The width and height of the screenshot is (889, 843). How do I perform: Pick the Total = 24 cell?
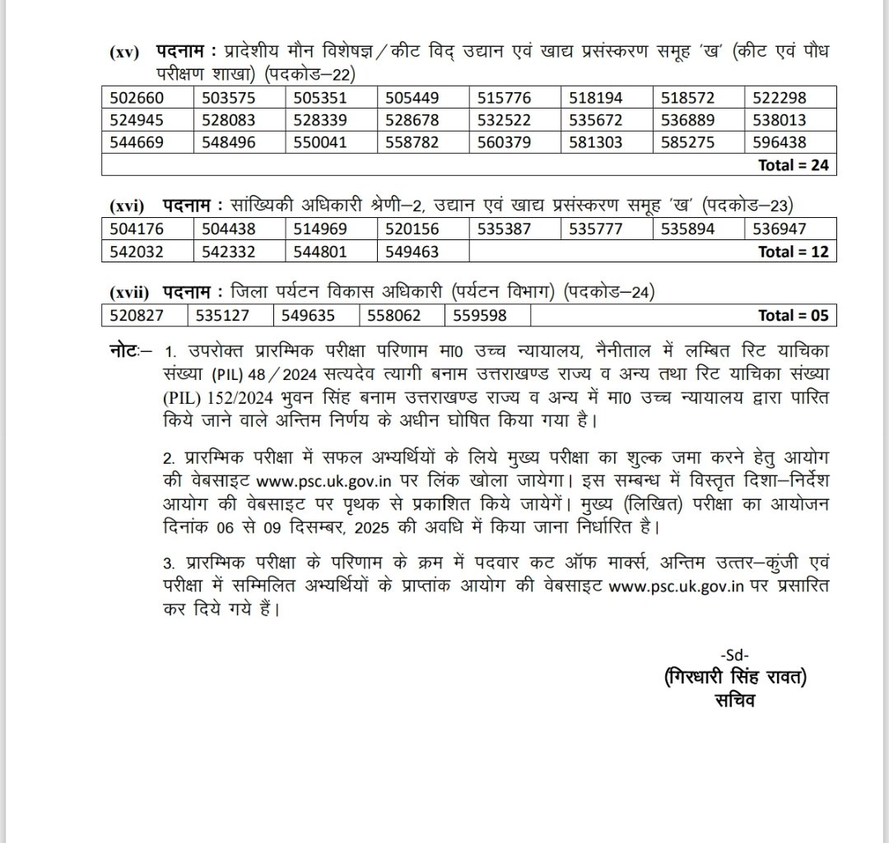(x=794, y=164)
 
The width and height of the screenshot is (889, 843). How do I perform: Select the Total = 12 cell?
(x=794, y=252)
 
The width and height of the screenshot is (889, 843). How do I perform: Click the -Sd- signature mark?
(x=734, y=655)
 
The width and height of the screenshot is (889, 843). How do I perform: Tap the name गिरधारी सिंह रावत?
(x=734, y=678)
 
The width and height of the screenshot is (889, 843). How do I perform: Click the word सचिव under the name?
(x=734, y=701)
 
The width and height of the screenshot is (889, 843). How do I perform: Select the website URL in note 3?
(x=675, y=587)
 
